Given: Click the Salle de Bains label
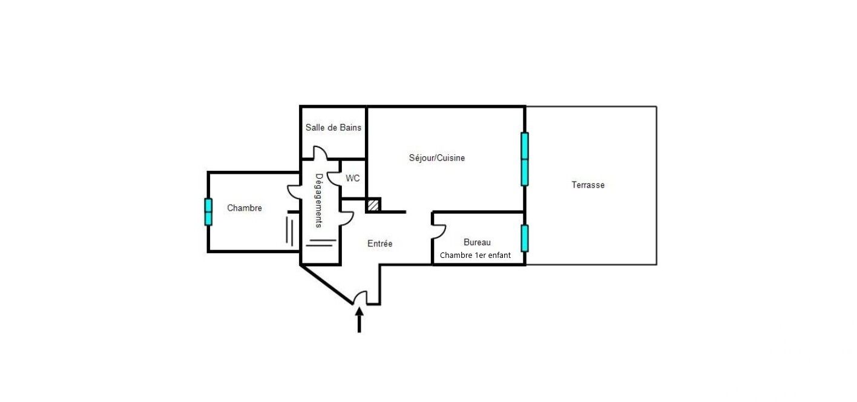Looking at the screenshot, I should click(333, 128).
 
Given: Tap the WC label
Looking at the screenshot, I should click(353, 179).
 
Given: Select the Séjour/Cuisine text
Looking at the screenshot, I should click(437, 158).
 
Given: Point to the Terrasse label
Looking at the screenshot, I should click(588, 185).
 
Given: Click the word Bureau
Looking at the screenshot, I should click(477, 242).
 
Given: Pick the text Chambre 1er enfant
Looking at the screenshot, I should click(475, 255).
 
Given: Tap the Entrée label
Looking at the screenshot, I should click(380, 244).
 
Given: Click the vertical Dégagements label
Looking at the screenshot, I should click(319, 201).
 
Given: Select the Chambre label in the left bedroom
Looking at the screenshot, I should click(245, 208).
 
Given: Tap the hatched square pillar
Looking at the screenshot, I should click(373, 205).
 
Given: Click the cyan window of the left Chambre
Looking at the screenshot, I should click(208, 212).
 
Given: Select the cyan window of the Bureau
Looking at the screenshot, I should click(525, 238).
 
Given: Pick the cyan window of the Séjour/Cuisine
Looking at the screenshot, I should click(525, 159).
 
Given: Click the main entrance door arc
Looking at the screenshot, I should click(361, 297).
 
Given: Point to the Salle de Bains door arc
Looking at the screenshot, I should click(320, 154).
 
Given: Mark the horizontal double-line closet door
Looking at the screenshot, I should click(321, 243).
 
